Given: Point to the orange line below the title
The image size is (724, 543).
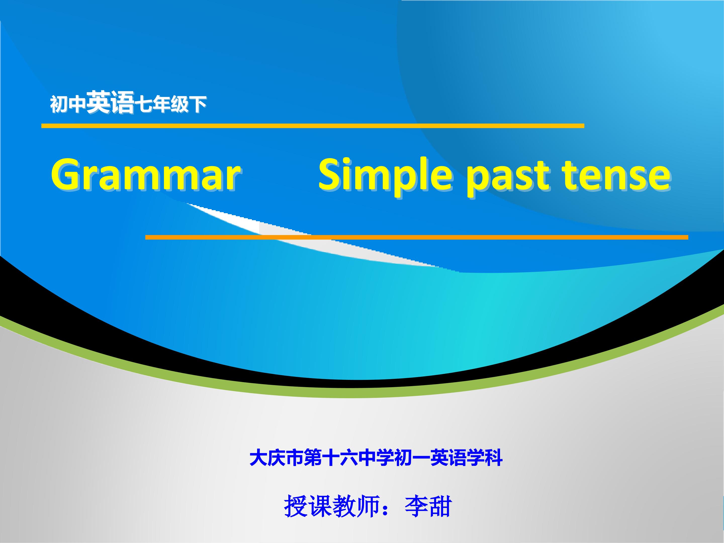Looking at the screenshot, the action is [x=417, y=237].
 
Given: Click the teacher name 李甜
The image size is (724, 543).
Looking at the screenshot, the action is [x=428, y=506].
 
